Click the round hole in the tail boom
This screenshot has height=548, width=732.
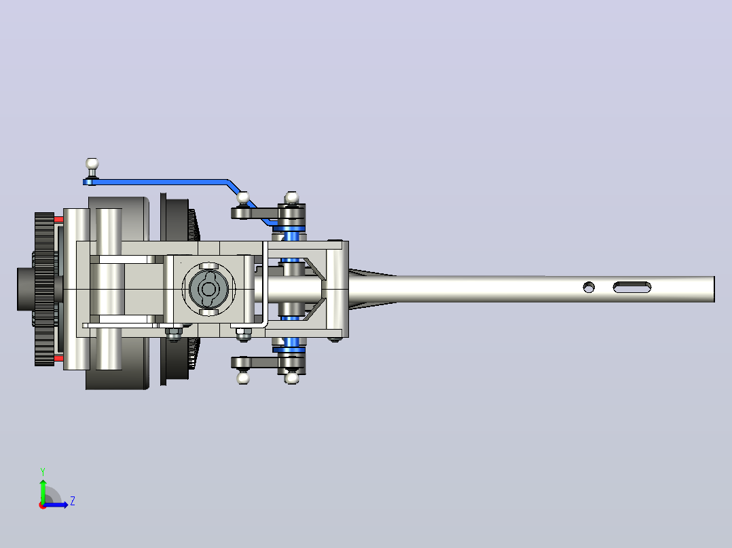(x=589, y=288)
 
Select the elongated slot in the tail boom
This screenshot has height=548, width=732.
(x=632, y=288)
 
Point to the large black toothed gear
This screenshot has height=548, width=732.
(x=44, y=289)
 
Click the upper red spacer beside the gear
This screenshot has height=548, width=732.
(x=59, y=219)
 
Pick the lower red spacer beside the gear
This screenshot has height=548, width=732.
(x=59, y=359)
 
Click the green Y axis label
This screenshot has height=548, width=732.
(x=43, y=471)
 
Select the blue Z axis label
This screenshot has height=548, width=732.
(x=73, y=501)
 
